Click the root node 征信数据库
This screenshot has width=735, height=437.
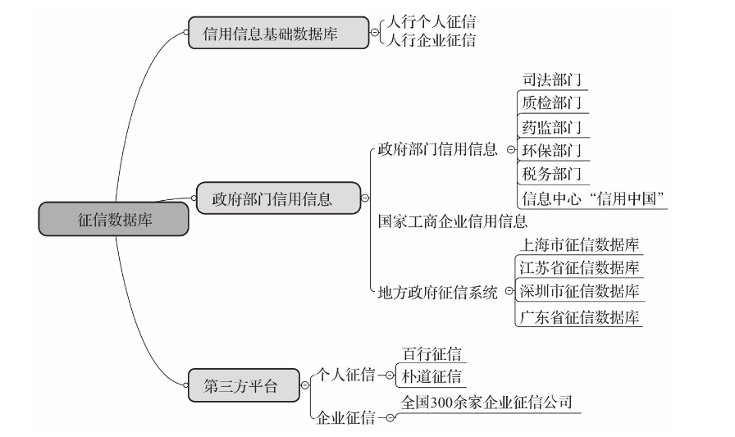pos(113,220)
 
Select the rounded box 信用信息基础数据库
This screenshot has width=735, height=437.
pos(276,34)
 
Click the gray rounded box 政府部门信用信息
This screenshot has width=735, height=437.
pos(278,198)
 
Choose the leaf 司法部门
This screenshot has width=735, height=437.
pos(551,80)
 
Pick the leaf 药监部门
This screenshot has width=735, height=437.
pos(551,127)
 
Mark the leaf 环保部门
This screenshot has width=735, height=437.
pos(551,151)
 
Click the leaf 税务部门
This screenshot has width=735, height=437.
pos(551,174)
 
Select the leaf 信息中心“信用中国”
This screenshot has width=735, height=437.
pos(591,198)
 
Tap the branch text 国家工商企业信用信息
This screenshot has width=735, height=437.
pos(452,221)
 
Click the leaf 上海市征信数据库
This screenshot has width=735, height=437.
pos(580,244)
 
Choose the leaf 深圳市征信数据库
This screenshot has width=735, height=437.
pos(580,291)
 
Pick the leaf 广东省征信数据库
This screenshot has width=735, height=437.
pos(580,317)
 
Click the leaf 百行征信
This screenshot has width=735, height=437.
pos(431,353)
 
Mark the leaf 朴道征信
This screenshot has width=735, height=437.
pos(431,376)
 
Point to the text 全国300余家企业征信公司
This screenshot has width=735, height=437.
pos(486,403)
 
